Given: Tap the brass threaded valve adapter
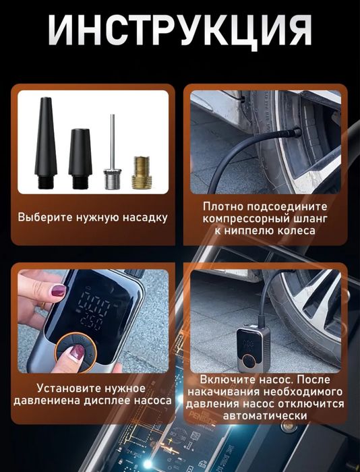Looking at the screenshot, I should coord(141,174).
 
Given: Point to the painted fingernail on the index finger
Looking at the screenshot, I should coord(59,291).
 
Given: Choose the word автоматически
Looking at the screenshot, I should coord(268,416).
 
